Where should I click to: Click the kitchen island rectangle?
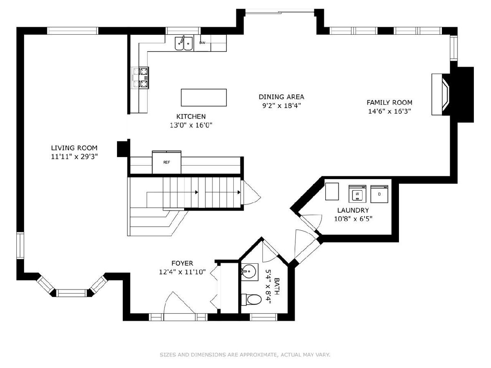(203, 97)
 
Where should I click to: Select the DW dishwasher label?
(202, 43)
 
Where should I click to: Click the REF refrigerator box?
(167, 162)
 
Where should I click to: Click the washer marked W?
(357, 194)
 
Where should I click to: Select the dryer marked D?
(379, 194)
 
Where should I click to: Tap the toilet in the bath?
(251, 299)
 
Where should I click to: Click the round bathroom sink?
(249, 271)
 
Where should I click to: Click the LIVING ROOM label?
(74, 148)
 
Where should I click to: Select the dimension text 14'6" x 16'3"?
(390, 111)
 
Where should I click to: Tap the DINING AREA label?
(282, 97)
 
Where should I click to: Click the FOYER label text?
(182, 263)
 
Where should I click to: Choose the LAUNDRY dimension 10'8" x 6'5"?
(353, 218)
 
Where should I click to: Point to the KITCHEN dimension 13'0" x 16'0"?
(191, 125)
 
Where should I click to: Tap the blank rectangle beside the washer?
(332, 191)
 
